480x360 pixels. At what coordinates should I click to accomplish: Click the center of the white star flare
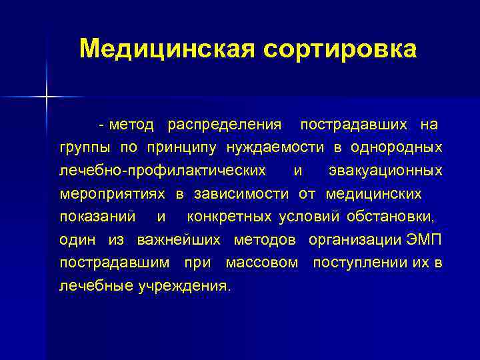pyautogui.click(x=47, y=97)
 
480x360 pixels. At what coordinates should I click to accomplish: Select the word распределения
pyautogui.click(x=224, y=124)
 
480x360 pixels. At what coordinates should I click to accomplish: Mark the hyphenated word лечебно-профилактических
pyautogui.click(x=162, y=171)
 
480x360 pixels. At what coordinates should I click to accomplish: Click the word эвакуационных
pyautogui.click(x=385, y=171)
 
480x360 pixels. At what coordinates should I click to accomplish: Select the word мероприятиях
pyautogui.click(x=113, y=194)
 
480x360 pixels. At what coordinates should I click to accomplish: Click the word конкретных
pyautogui.click(x=229, y=217)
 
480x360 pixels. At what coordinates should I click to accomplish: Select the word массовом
pyautogui.click(x=262, y=263)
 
